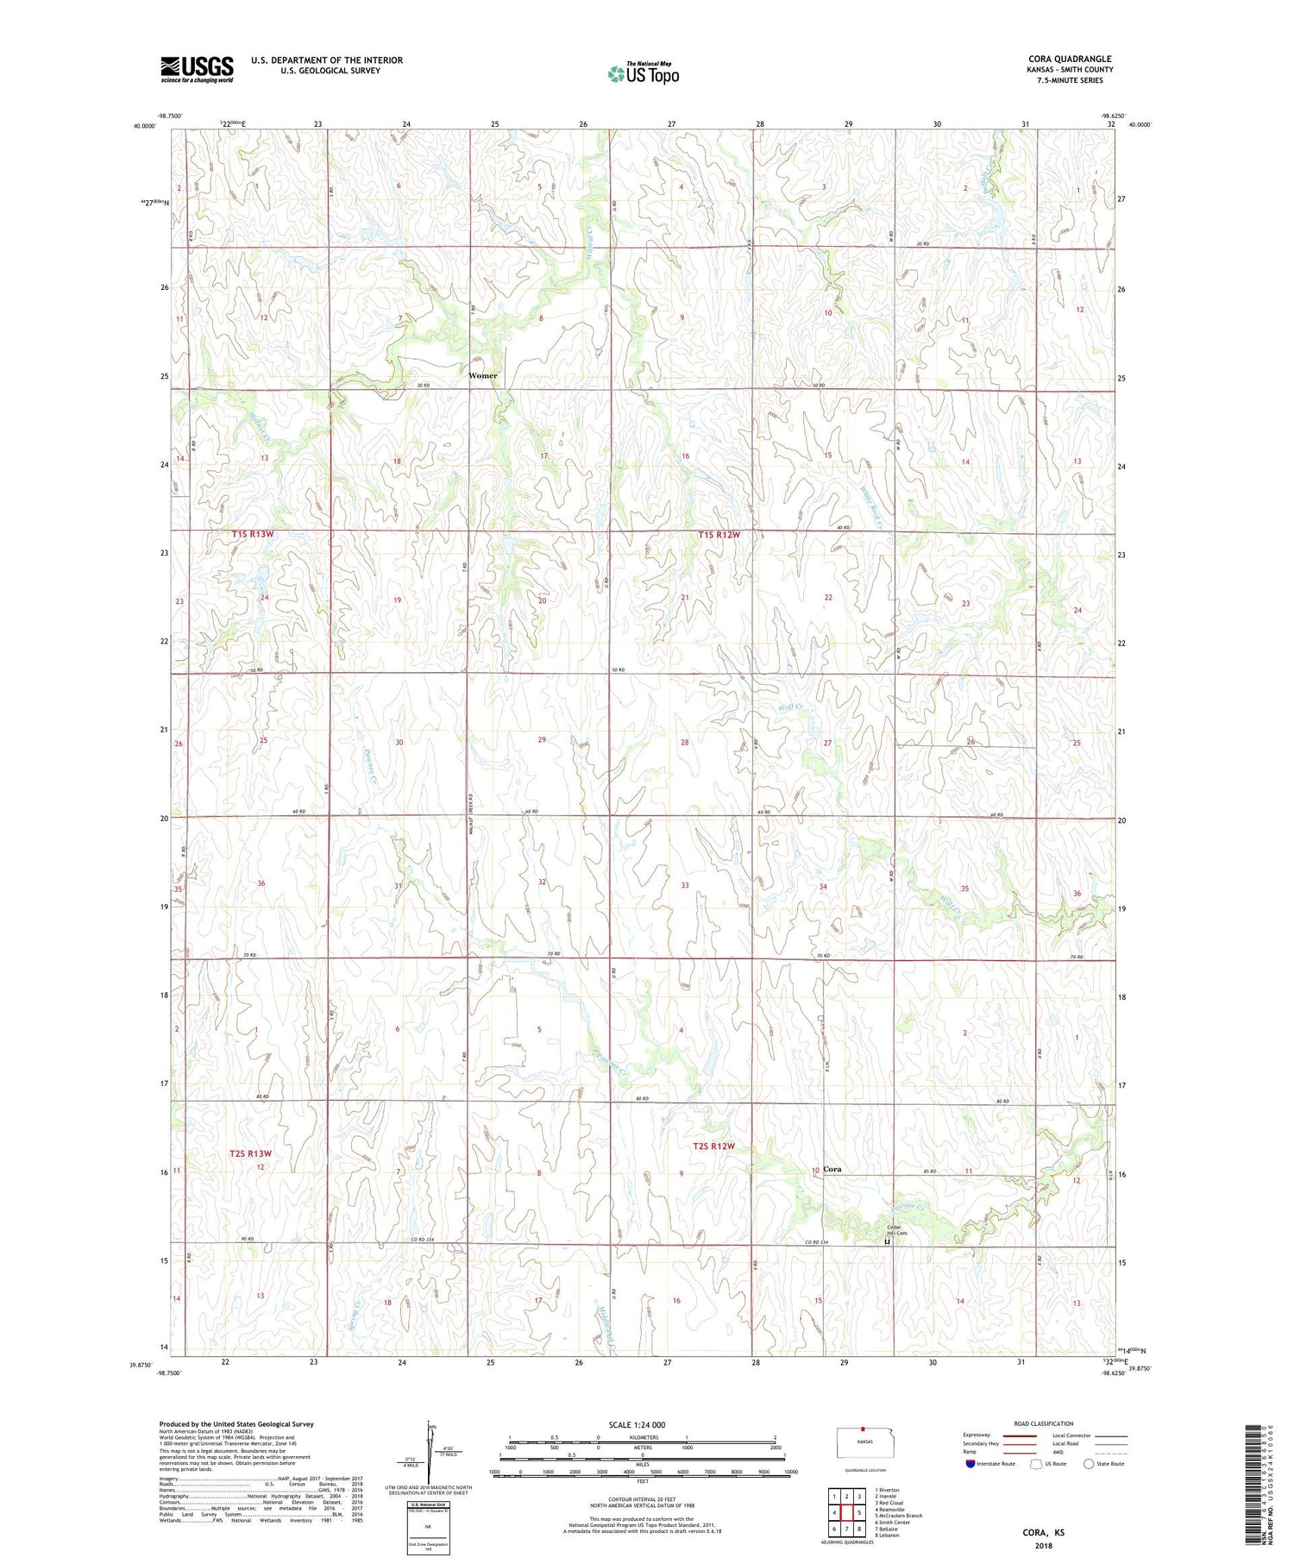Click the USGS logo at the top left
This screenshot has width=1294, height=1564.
(197, 69)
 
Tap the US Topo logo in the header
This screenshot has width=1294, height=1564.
(643, 74)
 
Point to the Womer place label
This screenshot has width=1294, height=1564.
(483, 376)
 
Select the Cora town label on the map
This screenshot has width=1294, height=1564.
(832, 1169)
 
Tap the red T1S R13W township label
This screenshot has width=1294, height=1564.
(253, 535)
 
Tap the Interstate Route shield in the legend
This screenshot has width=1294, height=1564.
(971, 1463)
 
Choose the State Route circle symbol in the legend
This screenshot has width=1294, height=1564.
(1090, 1463)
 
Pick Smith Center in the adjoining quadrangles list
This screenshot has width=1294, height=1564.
(895, 1523)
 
